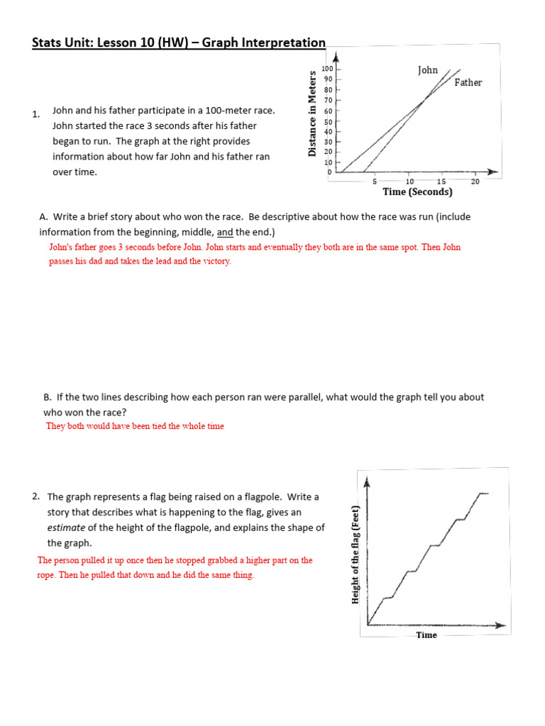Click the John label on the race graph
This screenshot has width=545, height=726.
[x=428, y=70]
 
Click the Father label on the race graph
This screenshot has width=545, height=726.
[x=468, y=82]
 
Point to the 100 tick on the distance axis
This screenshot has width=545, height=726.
[x=327, y=69]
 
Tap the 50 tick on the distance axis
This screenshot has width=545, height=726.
[x=328, y=122]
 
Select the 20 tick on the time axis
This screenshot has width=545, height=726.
[x=475, y=181]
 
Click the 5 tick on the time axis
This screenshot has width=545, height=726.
[x=374, y=181]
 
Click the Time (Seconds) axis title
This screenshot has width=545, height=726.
[x=417, y=192]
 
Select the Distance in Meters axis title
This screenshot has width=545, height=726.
[x=312, y=113]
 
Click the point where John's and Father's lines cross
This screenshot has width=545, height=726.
[x=423, y=101]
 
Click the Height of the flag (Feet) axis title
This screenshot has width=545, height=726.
[x=356, y=554]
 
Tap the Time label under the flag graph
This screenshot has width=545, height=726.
[x=426, y=635]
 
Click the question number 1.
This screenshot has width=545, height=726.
[x=35, y=113]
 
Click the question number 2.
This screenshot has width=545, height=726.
[x=35, y=496]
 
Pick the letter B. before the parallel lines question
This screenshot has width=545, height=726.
[x=48, y=398]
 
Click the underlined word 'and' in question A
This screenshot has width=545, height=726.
[x=224, y=233]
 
